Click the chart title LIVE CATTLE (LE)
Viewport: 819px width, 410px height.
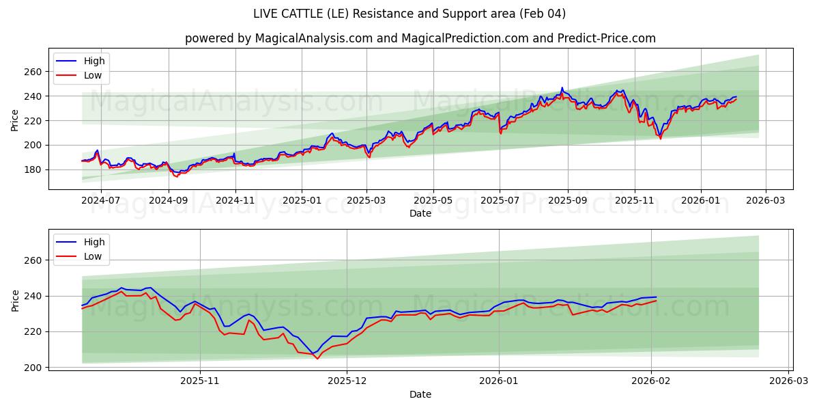pyautogui.click(x=409, y=14)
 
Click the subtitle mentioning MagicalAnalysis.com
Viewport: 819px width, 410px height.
pyautogui.click(x=420, y=38)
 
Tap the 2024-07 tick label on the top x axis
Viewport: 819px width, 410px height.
pyautogui.click(x=101, y=201)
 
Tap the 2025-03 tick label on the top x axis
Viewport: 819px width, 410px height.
pyautogui.click(x=367, y=201)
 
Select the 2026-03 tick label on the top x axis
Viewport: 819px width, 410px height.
pyautogui.click(x=765, y=201)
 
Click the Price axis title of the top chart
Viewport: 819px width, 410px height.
pyautogui.click(x=15, y=120)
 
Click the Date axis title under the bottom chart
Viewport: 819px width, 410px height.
pyautogui.click(x=420, y=394)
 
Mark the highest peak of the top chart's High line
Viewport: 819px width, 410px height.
pyautogui.click(x=562, y=87)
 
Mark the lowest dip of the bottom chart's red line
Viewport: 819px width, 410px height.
pyautogui.click(x=317, y=359)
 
